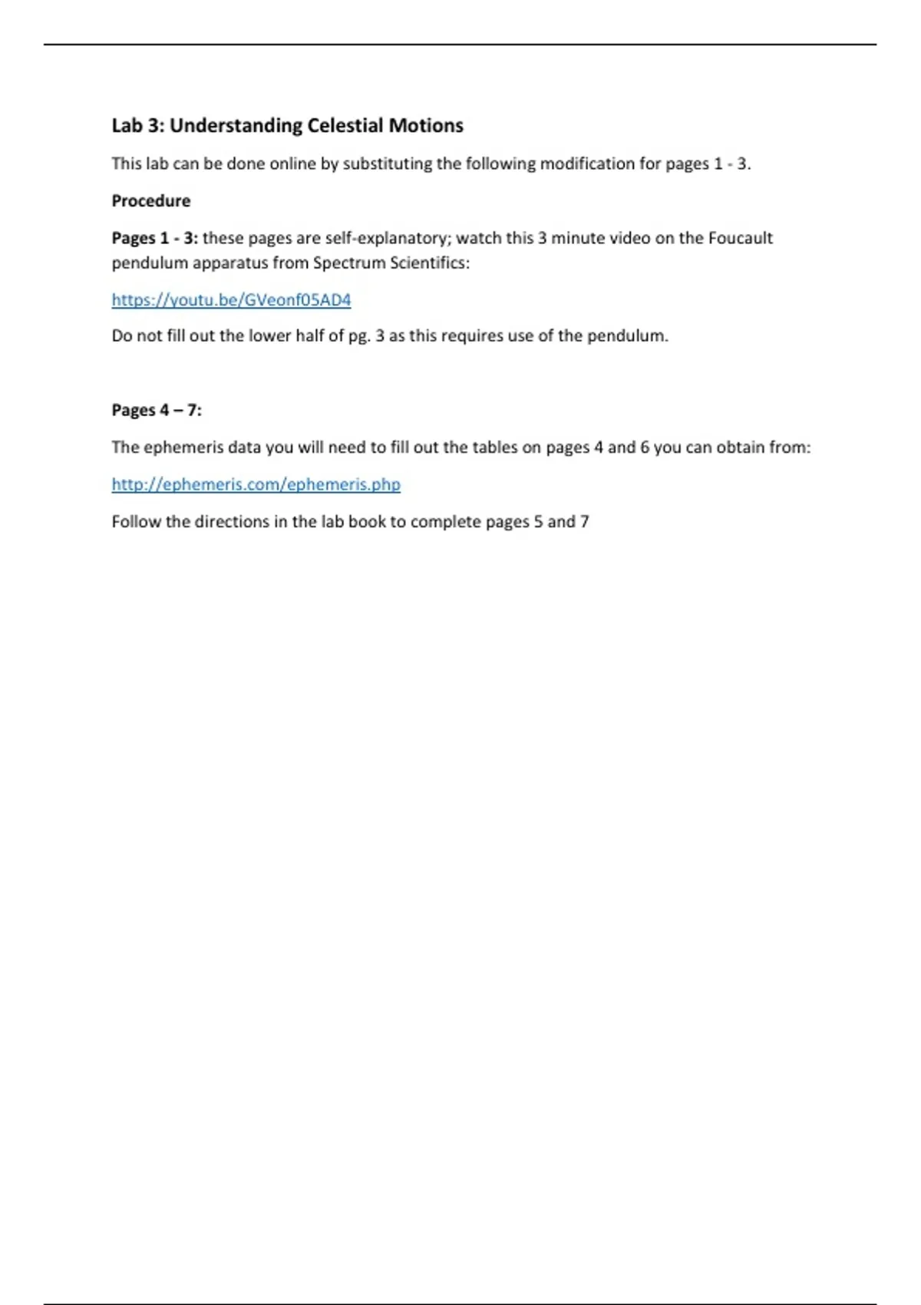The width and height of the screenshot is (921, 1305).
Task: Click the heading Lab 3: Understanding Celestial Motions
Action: (x=287, y=126)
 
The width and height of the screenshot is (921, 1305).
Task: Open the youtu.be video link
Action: (x=231, y=300)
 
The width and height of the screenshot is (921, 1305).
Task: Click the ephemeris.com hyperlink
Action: (x=256, y=484)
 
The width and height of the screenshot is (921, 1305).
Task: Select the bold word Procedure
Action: (x=151, y=201)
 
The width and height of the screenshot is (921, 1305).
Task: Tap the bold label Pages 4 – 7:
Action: (x=157, y=411)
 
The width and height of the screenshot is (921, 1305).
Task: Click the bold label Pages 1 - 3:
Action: (x=154, y=238)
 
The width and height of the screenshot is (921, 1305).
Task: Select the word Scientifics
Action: (x=429, y=263)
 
